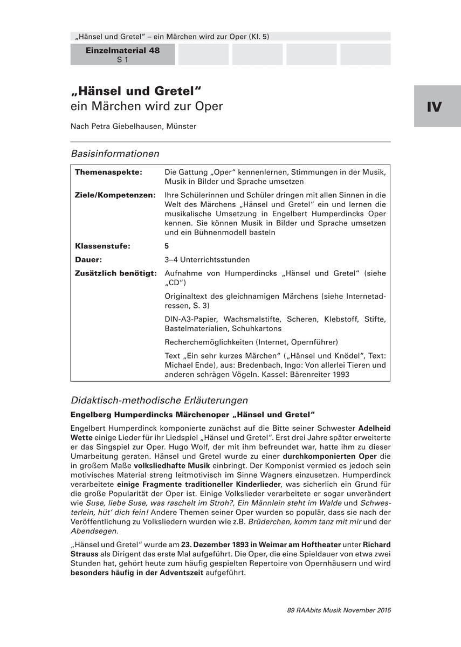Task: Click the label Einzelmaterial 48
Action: (x=122, y=50)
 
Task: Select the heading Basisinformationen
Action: (x=115, y=154)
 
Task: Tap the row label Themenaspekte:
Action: (x=108, y=172)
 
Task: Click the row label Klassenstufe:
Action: (x=102, y=246)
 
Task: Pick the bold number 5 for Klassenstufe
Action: (x=167, y=246)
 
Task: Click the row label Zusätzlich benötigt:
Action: (x=116, y=273)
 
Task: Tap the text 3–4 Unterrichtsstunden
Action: (x=207, y=259)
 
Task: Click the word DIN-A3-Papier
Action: (x=190, y=319)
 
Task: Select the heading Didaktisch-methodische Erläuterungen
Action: (x=159, y=400)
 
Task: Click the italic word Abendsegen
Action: (x=86, y=531)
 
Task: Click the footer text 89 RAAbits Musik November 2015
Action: (x=339, y=610)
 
